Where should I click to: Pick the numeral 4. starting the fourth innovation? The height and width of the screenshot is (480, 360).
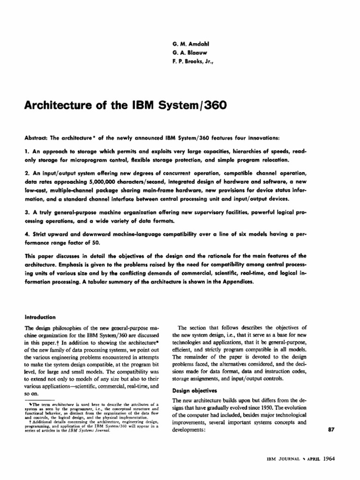tap(26, 232)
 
